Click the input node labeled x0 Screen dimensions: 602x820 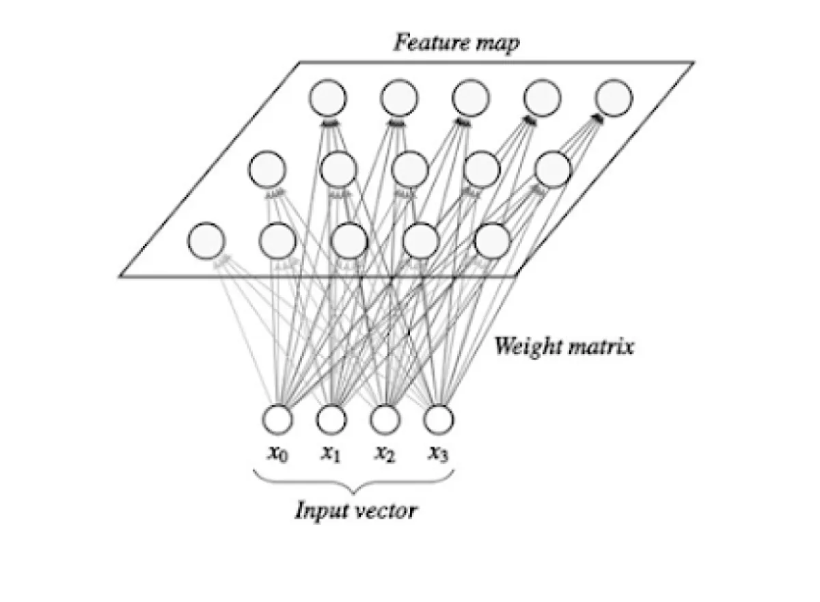(x=278, y=418)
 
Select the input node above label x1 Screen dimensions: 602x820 (x=331, y=418)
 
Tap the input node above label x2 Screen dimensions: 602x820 (x=385, y=418)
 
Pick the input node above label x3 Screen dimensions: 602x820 (x=439, y=418)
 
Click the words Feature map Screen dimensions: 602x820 (x=456, y=43)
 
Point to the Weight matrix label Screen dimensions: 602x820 (x=564, y=346)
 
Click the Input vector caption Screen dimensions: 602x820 (x=355, y=510)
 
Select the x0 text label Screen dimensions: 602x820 (x=277, y=453)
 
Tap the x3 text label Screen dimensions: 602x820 (x=438, y=453)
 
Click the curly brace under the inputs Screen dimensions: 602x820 (x=353, y=482)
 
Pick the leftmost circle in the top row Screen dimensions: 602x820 (x=327, y=98)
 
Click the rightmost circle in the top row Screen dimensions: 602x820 (x=614, y=98)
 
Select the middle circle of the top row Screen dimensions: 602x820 (x=471, y=98)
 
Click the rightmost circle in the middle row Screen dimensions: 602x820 (x=552, y=169)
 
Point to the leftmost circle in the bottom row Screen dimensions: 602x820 (x=206, y=241)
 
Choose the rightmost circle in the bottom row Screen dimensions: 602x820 (x=492, y=241)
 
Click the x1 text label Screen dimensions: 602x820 (x=331, y=453)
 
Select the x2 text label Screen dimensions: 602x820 (x=384, y=453)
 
